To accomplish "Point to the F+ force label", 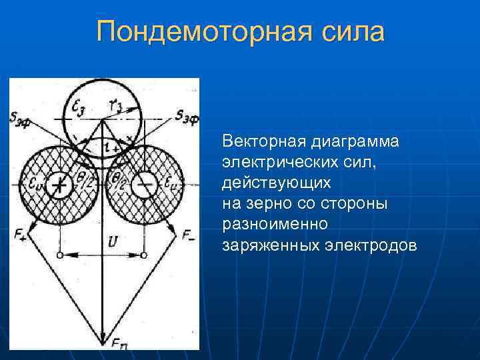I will [20, 233].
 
